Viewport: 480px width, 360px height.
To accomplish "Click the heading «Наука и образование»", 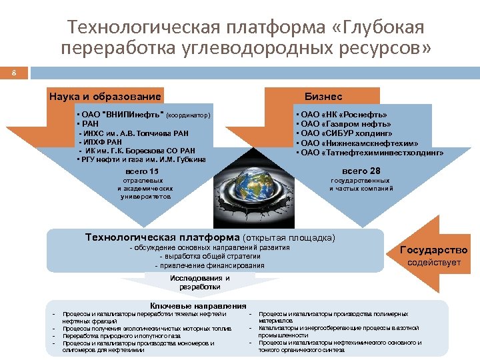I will [x=105, y=97].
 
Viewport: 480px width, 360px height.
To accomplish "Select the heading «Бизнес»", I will [x=324, y=97].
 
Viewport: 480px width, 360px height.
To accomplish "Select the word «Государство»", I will [x=433, y=251].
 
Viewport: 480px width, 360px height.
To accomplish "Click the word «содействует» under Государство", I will [x=434, y=263].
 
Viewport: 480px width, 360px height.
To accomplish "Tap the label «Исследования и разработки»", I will [x=199, y=283].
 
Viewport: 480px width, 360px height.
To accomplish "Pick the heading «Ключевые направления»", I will [x=198, y=305].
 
